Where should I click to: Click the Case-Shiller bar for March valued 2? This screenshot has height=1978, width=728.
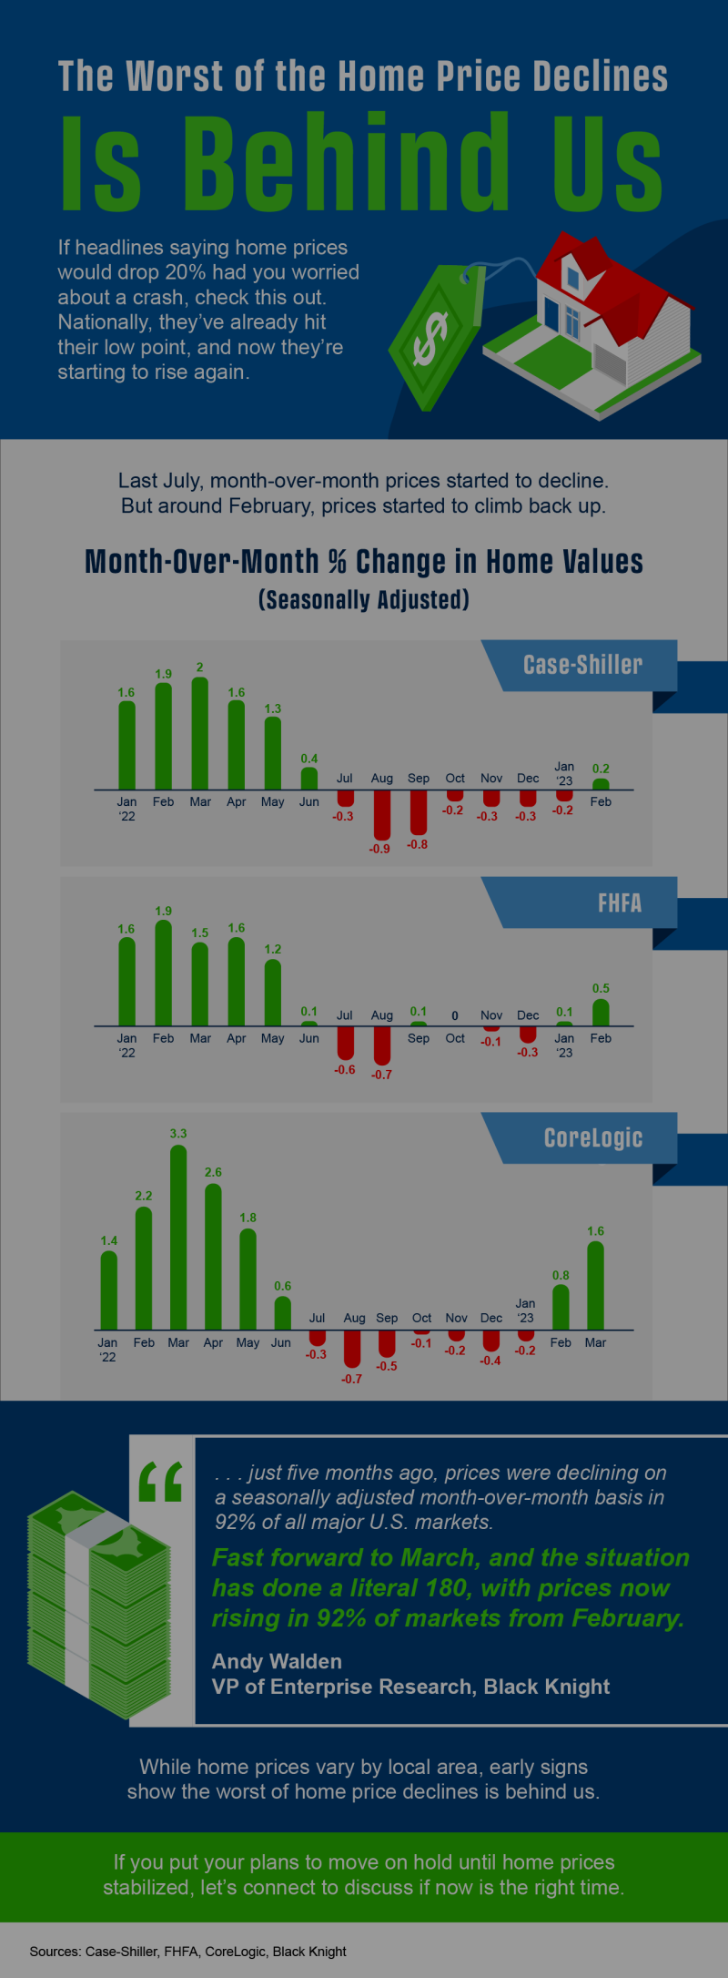[199, 733]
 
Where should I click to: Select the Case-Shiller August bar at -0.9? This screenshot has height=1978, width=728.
[381, 814]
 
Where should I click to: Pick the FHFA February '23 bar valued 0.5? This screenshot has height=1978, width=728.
[601, 1013]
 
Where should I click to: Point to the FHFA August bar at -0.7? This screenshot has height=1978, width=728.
[381, 1045]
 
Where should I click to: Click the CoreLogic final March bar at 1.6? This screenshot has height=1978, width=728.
[595, 1286]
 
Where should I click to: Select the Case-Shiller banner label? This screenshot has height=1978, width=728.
[582, 665]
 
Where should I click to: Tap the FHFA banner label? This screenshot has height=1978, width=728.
[619, 902]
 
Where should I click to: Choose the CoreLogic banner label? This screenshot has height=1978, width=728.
[592, 1137]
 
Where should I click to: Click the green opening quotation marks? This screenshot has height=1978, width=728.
[161, 1482]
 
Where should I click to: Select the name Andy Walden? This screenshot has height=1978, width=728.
[277, 1662]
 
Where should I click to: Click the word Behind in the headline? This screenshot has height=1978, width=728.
[346, 162]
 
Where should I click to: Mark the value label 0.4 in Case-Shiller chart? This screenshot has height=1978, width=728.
[309, 759]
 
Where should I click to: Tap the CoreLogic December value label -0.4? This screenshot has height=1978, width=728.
[490, 1361]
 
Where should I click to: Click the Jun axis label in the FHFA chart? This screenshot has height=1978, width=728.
[309, 1038]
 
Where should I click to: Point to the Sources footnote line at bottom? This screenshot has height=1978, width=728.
[187, 1951]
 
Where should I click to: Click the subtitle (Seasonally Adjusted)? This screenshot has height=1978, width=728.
[364, 600]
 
